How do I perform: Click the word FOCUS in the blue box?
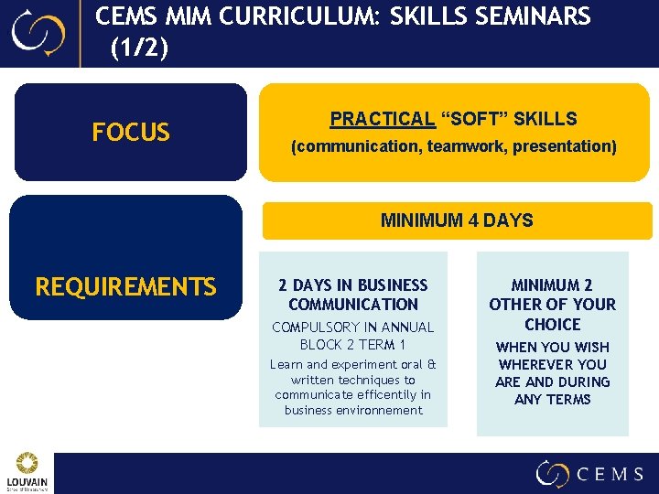(131, 133)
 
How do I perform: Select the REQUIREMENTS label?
(125, 287)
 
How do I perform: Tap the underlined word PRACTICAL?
(382, 119)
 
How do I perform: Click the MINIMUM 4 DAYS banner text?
(457, 220)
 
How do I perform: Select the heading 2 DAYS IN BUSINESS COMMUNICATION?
(353, 295)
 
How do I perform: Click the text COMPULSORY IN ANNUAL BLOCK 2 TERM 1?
(353, 336)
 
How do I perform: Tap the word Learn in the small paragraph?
(286, 365)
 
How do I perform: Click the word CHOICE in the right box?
(553, 325)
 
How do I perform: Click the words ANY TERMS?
(553, 399)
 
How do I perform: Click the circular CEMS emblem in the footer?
(553, 473)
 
